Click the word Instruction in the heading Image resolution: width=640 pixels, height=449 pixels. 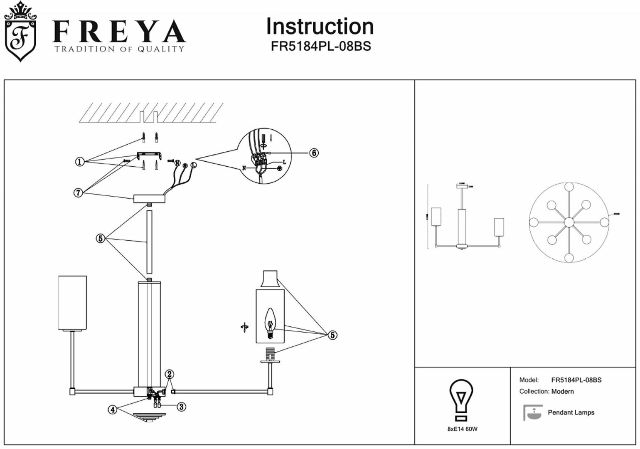[320, 27]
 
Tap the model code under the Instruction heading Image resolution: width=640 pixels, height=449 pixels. [320, 46]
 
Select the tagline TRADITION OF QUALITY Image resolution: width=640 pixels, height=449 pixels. [119, 49]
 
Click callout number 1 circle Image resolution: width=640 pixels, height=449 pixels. [80, 162]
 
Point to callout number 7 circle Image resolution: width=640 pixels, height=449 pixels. [78, 193]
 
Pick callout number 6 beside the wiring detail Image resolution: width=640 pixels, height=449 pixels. [314, 153]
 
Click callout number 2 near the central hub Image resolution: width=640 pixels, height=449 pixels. [169, 374]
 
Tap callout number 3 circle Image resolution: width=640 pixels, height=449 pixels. [181, 407]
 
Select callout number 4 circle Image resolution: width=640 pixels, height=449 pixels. [112, 410]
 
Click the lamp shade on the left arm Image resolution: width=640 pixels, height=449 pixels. [72, 303]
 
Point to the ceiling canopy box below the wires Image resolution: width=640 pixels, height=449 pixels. [149, 199]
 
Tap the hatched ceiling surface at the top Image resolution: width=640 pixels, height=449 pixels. [150, 113]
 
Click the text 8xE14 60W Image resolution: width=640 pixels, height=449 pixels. [459, 429]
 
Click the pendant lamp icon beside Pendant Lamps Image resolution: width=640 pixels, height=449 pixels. [532, 412]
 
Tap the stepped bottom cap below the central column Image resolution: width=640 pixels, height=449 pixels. [149, 417]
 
